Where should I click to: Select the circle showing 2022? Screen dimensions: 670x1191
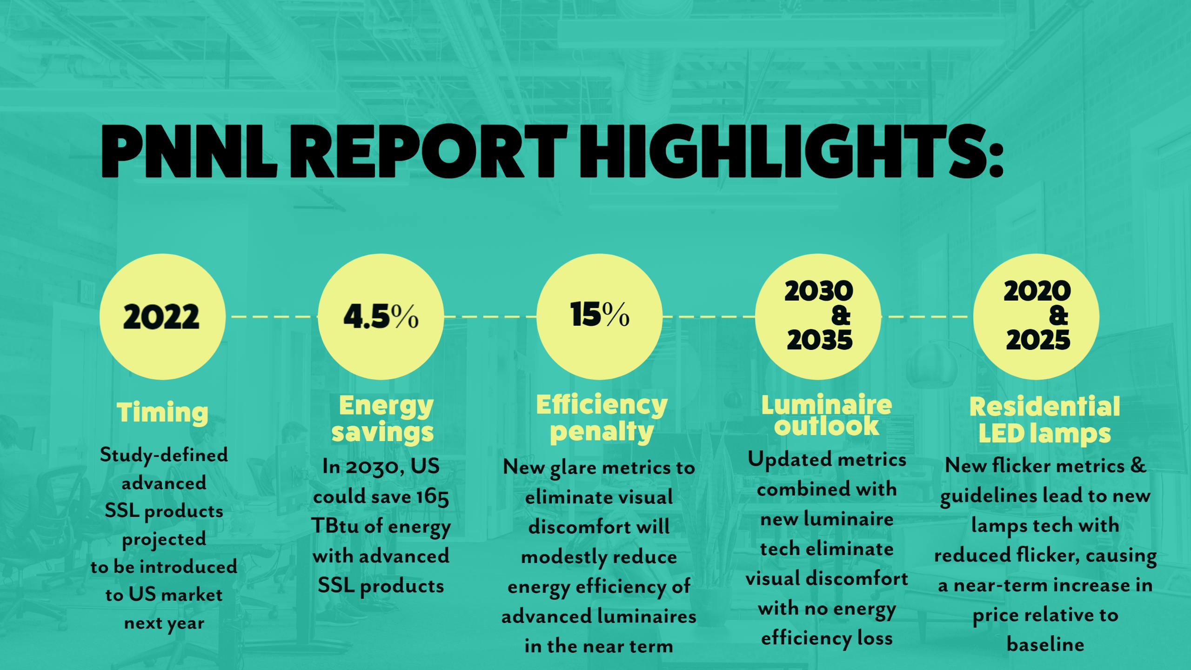point(162,317)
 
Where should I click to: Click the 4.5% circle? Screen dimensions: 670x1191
point(381,317)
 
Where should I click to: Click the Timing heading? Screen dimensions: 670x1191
point(162,412)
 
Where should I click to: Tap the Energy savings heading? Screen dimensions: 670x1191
point(382,418)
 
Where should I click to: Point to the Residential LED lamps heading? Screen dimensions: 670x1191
point(1044,420)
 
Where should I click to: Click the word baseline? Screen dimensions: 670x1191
point(1045,644)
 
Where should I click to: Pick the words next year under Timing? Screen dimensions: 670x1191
point(164,623)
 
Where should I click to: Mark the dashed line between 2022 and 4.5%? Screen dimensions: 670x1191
point(272,317)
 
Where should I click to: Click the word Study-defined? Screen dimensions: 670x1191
point(164,455)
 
